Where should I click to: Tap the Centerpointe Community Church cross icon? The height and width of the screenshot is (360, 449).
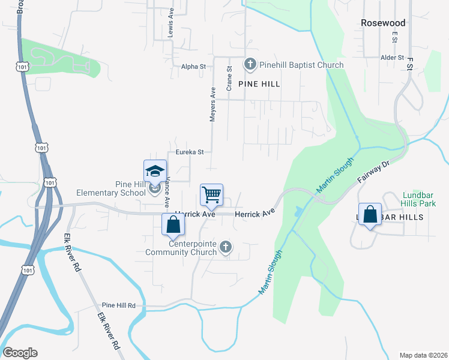pyautogui.click(x=225, y=247)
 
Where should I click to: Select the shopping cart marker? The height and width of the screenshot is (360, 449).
pyautogui.click(x=211, y=194)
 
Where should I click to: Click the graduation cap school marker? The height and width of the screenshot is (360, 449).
pyautogui.click(x=155, y=171)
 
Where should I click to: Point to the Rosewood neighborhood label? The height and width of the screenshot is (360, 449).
pyautogui.click(x=383, y=23)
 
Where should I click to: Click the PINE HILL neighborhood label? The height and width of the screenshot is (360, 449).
pyautogui.click(x=259, y=85)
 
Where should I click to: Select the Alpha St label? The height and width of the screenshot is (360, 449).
pyautogui.click(x=193, y=67)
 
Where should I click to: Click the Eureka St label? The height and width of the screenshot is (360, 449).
pyautogui.click(x=190, y=152)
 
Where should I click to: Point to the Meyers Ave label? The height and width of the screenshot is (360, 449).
pyautogui.click(x=212, y=104)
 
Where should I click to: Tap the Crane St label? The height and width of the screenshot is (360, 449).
pyautogui.click(x=229, y=79)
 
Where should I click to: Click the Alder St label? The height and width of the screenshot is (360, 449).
pyautogui.click(x=392, y=58)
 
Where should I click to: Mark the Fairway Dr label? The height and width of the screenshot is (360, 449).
pyautogui.click(x=374, y=176)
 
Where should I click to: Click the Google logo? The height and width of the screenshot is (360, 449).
pyautogui.click(x=20, y=353)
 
